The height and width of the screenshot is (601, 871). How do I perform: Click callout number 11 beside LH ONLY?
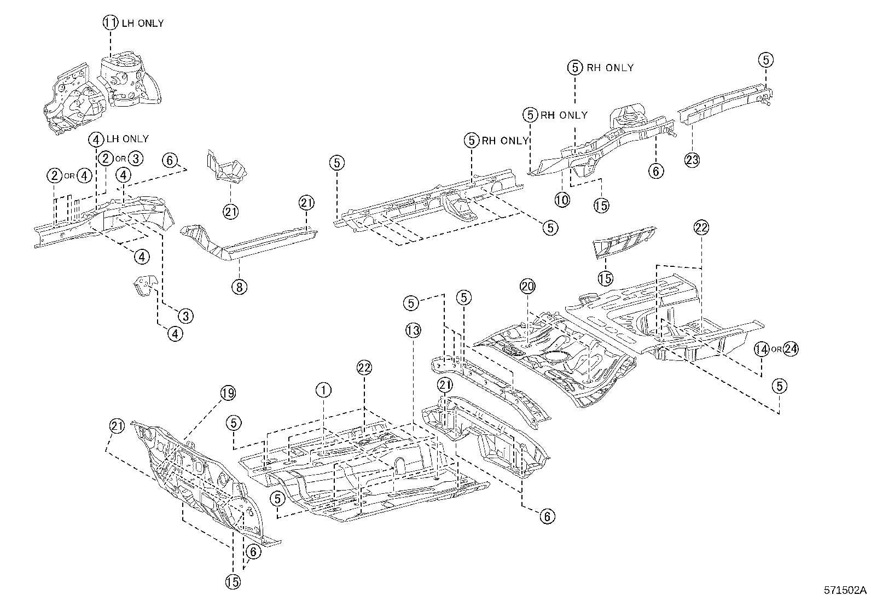coord(110,23)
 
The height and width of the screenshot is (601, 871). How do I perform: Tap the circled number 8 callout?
coord(239,286)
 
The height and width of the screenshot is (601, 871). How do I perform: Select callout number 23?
coord(692,160)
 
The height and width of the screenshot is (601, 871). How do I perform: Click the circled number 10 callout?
coord(562,200)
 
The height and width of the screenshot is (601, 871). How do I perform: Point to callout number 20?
coord(527,286)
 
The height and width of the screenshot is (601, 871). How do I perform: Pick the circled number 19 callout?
coord(228,392)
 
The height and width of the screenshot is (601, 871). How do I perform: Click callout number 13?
coord(414,330)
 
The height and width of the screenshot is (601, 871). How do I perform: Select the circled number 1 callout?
coord(323,390)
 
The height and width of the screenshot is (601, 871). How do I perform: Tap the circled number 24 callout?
coord(791,349)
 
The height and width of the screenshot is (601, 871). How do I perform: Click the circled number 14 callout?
coord(762,349)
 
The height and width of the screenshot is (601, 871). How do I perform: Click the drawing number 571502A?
coord(846,591)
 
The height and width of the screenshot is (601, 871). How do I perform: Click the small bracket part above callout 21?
coord(225,166)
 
